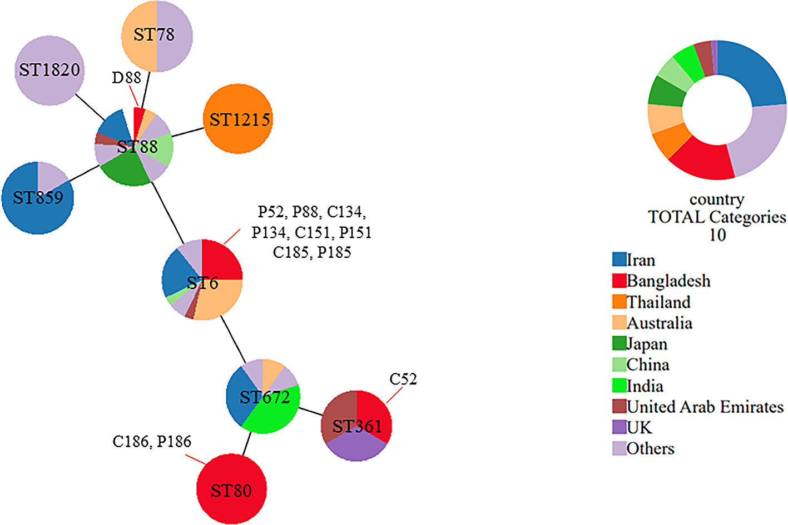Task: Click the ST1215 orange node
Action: pos(238,119)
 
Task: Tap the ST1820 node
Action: pos(49,70)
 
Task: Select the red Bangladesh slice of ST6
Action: pos(221,260)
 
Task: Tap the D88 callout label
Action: pos(126,78)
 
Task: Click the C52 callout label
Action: pos(403,379)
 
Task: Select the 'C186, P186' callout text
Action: pos(152,442)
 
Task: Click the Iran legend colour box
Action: pos(619,259)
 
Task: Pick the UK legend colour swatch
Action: pos(619,427)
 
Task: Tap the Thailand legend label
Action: pos(658,302)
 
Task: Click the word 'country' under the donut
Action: pos(717,199)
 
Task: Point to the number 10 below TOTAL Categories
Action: pos(717,235)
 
